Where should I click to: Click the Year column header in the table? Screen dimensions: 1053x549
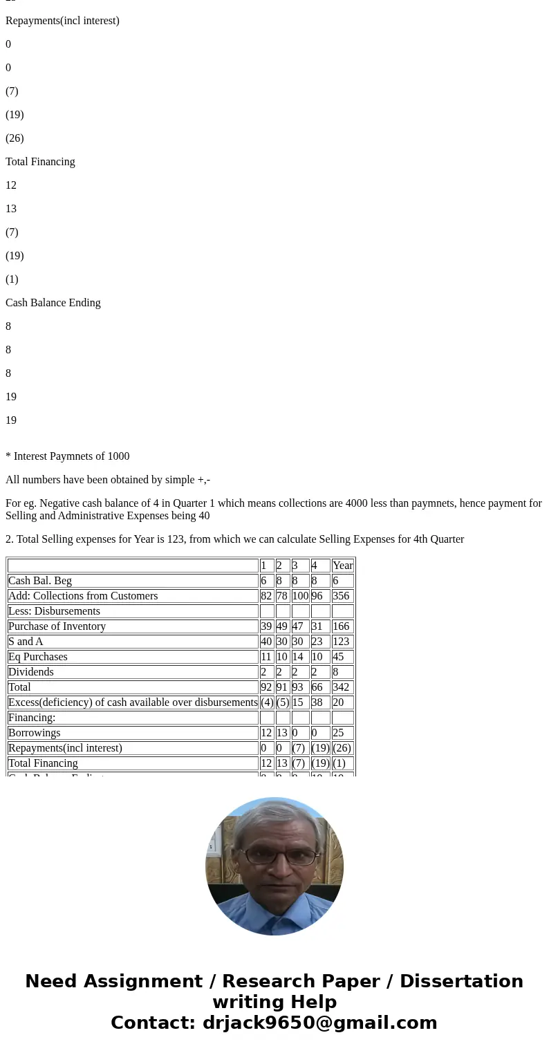pos(342,566)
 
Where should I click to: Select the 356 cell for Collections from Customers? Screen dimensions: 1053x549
pos(340,596)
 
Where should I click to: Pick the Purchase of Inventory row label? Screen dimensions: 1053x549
pos(57,626)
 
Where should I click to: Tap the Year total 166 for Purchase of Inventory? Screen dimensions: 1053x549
pos(340,626)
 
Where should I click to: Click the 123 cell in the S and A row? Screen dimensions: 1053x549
pos(340,642)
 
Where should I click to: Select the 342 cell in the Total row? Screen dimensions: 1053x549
pos(340,687)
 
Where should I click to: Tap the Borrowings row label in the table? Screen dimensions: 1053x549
pos(35,733)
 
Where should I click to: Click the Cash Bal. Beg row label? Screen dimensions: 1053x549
pos(40,581)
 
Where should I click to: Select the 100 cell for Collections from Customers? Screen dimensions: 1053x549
pos(300,596)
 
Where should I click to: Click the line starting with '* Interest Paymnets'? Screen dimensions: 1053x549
pos(68,456)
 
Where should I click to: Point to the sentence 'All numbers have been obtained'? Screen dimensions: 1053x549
pos(108,480)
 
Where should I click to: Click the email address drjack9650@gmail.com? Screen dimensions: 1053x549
pos(319,1023)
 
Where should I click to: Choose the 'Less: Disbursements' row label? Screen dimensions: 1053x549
pos(55,611)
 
